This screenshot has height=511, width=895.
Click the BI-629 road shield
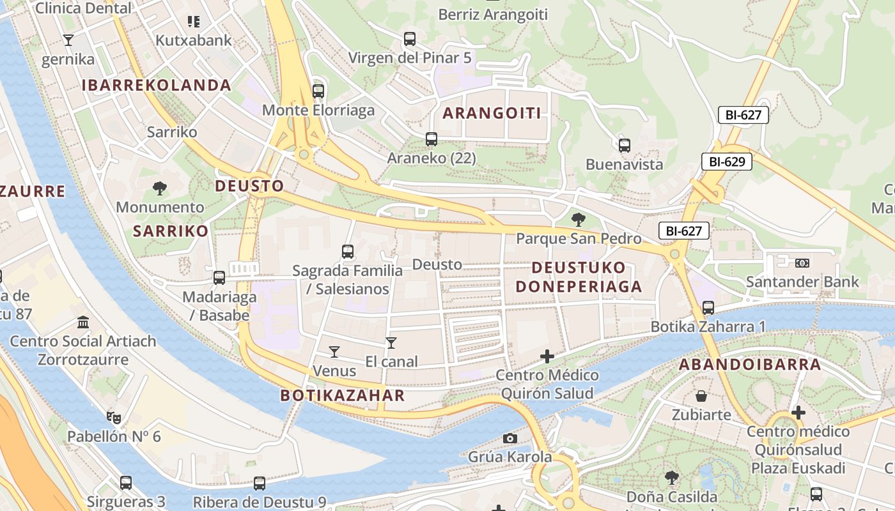click(x=726, y=162)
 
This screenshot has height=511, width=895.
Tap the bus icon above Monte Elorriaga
click(x=318, y=91)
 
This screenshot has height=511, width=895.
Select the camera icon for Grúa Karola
click(x=510, y=438)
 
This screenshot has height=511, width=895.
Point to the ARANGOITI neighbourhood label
click(x=492, y=113)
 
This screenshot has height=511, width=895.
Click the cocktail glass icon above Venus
click(x=334, y=351)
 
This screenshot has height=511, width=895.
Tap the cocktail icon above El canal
click(x=391, y=343)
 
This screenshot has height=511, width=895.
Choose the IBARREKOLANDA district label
click(x=157, y=85)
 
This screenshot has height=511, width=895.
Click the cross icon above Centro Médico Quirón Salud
click(x=547, y=356)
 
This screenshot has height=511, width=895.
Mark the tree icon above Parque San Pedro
click(x=578, y=220)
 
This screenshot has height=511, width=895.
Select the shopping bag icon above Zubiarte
click(x=701, y=396)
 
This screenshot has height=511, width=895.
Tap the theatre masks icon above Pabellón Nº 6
click(x=114, y=418)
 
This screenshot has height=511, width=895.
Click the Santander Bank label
click(x=802, y=282)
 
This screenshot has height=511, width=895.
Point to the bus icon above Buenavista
click(x=625, y=146)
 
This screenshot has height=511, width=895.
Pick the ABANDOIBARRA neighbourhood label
click(x=749, y=365)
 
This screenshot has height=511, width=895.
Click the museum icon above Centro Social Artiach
click(x=83, y=322)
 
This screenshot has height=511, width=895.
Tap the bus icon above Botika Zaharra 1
click(x=708, y=308)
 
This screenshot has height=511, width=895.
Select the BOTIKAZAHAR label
click(x=343, y=395)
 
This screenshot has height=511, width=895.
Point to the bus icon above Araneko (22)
click(x=432, y=139)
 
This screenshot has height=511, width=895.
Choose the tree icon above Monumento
click(x=160, y=188)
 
